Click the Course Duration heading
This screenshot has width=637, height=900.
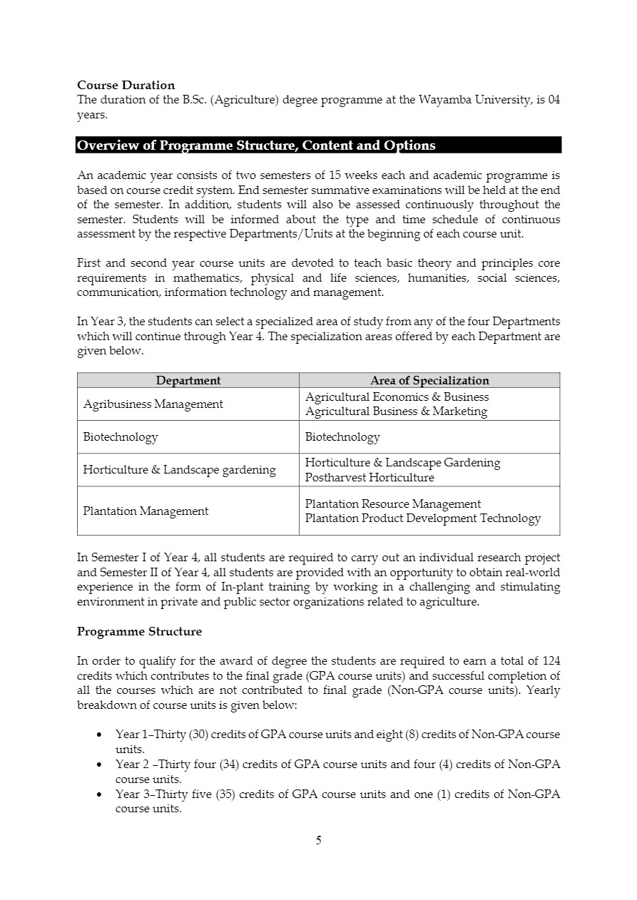(x=126, y=86)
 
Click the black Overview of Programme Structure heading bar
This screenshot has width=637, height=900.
(x=318, y=145)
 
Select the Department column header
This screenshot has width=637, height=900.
(x=188, y=380)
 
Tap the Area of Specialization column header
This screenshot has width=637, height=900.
(x=429, y=380)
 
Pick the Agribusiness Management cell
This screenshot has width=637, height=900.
(x=153, y=404)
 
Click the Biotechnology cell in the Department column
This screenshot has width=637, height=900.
(x=121, y=437)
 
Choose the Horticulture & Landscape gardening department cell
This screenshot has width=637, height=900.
(x=179, y=470)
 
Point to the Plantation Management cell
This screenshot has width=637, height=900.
(x=146, y=511)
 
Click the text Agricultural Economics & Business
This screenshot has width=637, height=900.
(x=397, y=397)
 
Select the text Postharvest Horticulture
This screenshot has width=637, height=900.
(x=369, y=478)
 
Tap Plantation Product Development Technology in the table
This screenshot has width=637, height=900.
(x=422, y=518)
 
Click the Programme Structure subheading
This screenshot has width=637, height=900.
(x=139, y=632)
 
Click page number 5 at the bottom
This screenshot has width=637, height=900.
(x=319, y=841)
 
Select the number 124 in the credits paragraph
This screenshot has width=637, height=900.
(x=551, y=660)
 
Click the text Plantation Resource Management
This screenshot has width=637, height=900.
(x=392, y=504)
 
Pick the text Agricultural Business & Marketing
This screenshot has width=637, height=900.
(x=396, y=411)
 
